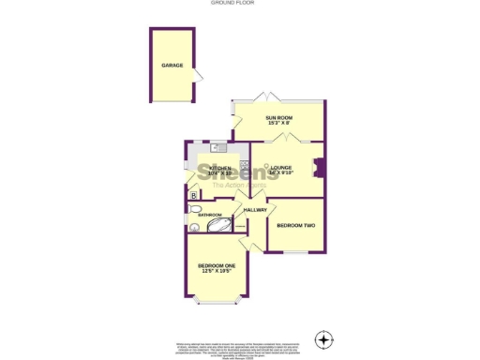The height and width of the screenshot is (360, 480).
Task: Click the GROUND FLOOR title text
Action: [x=240, y=4]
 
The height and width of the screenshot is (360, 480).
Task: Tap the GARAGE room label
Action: [x=172, y=66]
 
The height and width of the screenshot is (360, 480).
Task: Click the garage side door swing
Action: [x=198, y=76]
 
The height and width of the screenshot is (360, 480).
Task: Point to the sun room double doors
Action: [x=270, y=99]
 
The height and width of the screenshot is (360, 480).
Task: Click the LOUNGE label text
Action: [x=282, y=170]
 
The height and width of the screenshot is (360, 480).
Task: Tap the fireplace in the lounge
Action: [x=319, y=169]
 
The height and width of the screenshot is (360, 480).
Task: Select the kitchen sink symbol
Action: [x=217, y=147]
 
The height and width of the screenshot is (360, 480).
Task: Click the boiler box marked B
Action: [x=193, y=195]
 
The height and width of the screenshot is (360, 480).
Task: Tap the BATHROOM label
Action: [x=209, y=215]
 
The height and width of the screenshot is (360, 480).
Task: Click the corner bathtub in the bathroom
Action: [x=217, y=225]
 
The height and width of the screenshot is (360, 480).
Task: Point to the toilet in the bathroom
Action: [x=194, y=227]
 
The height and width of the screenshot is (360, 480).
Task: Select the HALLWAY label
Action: [x=255, y=210]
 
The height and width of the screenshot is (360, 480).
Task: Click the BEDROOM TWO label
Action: [x=295, y=226]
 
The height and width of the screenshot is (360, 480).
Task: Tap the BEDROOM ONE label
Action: [x=217, y=268]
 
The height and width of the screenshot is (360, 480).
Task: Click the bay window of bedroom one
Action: [x=217, y=303]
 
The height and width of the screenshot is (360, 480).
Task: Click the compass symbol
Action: [x=323, y=337]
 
